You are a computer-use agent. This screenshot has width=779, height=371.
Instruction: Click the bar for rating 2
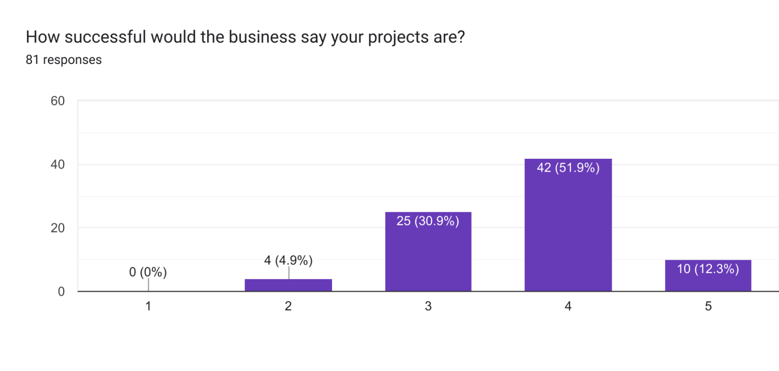point(288,285)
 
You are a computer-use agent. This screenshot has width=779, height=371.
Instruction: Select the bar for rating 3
point(428,257)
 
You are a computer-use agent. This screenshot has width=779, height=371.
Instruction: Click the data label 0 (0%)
point(148,272)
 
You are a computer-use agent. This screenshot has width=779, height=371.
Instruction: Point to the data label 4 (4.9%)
point(288,260)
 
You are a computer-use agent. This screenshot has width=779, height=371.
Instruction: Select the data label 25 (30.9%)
point(427,221)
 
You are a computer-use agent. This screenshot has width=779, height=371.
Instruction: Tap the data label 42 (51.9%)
point(568,168)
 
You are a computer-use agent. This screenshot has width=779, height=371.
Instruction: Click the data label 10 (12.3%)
point(708,269)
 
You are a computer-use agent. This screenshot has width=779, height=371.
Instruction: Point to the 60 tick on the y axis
point(58,101)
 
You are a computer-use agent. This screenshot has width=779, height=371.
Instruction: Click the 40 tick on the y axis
point(58,165)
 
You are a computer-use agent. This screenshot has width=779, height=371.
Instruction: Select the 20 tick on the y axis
point(58,228)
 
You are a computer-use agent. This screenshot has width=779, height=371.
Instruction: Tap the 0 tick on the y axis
point(61,291)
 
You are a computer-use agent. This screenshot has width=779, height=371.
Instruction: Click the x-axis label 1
point(148,306)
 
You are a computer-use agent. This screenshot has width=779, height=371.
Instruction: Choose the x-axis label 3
point(428,306)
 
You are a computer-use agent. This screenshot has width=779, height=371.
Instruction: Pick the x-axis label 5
point(708,306)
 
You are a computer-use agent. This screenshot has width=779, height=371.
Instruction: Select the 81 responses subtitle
point(64,60)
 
